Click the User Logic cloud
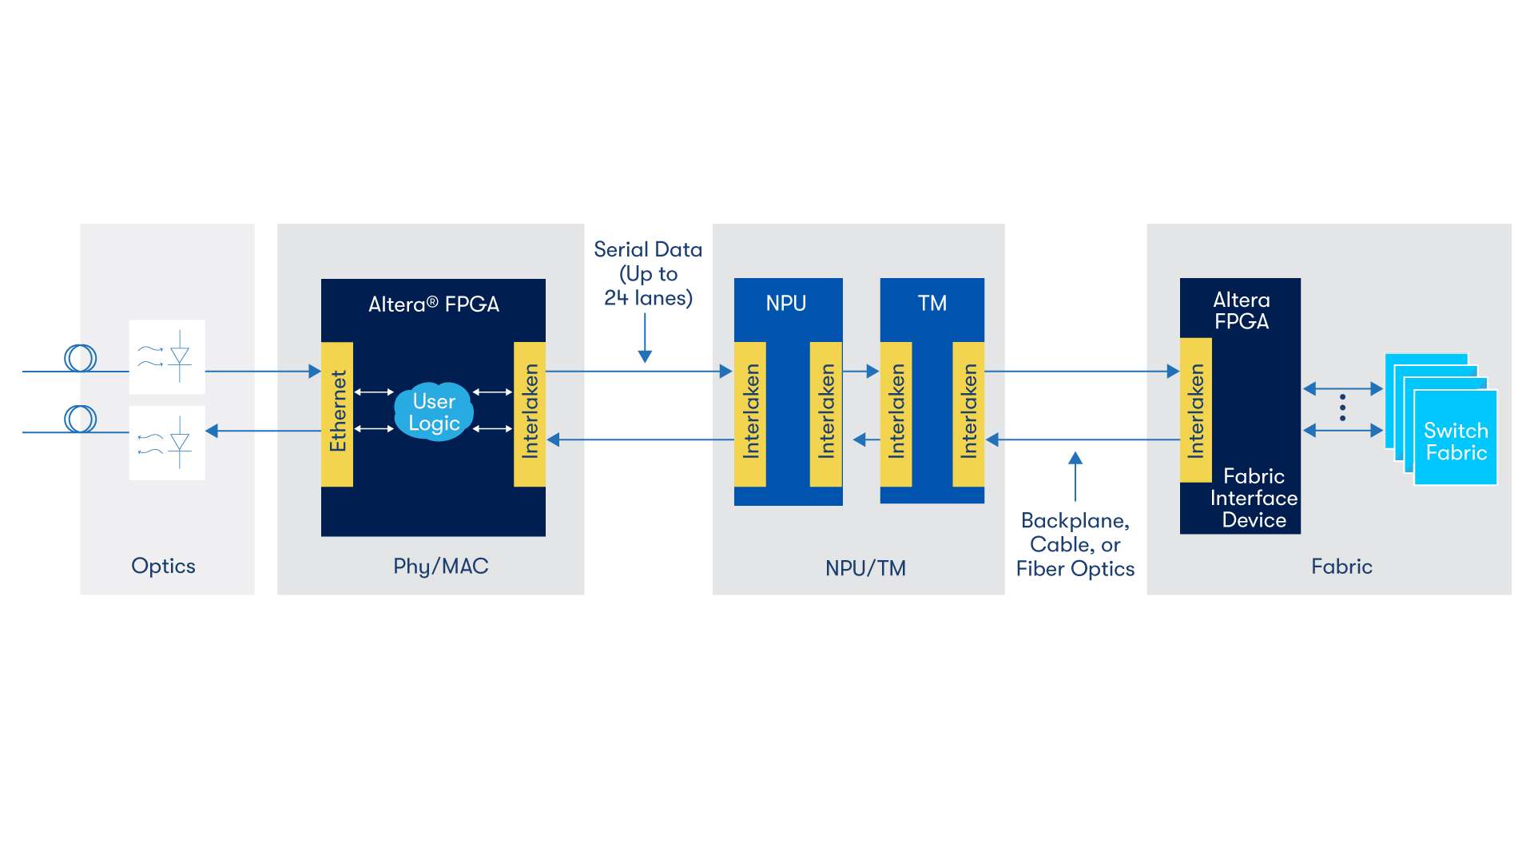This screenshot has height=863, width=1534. click(x=434, y=412)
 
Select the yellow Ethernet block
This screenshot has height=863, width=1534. click(x=337, y=414)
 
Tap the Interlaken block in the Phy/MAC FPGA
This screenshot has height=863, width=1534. click(x=530, y=414)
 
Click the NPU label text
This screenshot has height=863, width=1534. click(x=786, y=304)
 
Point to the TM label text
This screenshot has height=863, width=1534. click(x=932, y=304)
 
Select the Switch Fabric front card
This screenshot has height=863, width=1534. click(x=1455, y=439)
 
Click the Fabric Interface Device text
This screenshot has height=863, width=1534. click(x=1254, y=498)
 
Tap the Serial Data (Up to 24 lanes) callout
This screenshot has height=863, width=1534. click(x=648, y=274)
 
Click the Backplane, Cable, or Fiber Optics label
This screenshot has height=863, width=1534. click(x=1075, y=545)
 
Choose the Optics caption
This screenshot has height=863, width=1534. click(x=163, y=566)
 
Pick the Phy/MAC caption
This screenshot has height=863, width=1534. click(x=441, y=567)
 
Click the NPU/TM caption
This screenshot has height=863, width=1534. click(x=865, y=568)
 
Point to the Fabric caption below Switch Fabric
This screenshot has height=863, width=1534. click(x=1341, y=567)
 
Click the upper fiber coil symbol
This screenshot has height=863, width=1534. click(x=81, y=358)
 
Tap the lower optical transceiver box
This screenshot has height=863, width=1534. click(x=167, y=443)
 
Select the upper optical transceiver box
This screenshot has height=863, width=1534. click(x=167, y=357)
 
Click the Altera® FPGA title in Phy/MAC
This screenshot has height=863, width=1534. click(x=434, y=304)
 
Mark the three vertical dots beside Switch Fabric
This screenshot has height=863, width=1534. click(x=1342, y=408)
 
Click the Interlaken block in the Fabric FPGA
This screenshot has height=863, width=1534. click(x=1196, y=411)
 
